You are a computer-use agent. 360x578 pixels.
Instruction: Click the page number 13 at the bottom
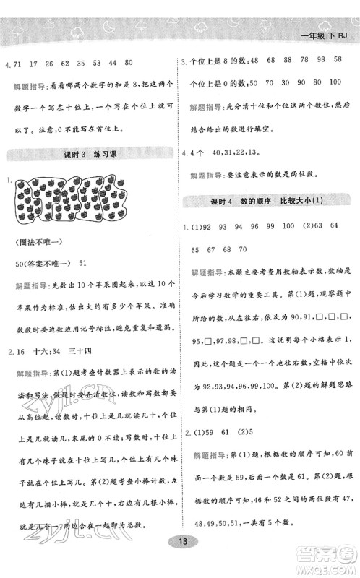(180, 564)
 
